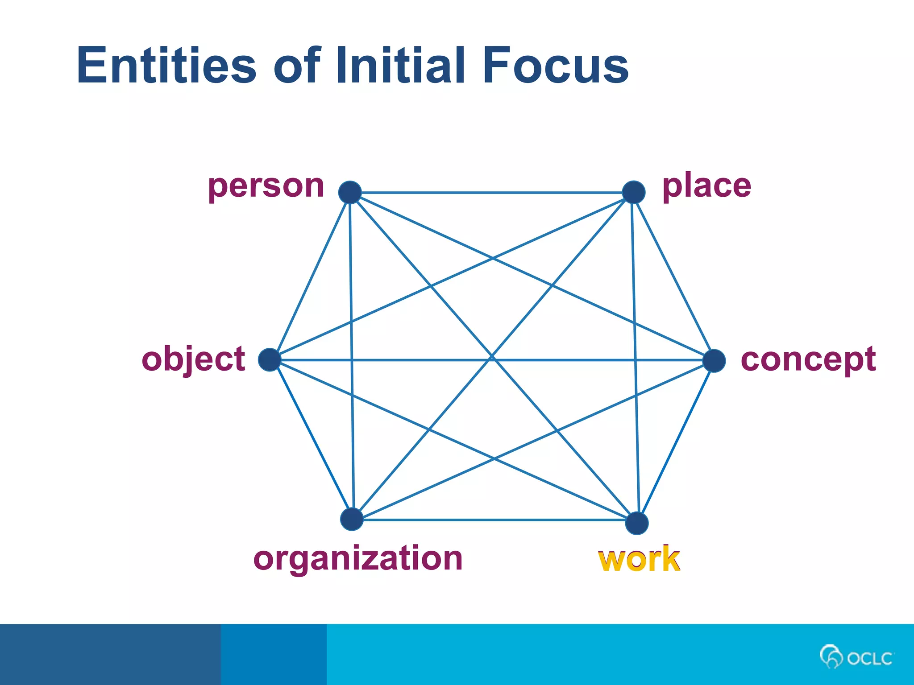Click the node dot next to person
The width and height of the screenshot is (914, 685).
[x=350, y=192]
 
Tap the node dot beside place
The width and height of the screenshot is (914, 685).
[x=633, y=192]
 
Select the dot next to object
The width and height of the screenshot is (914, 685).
[x=270, y=360]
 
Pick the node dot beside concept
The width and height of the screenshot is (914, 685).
[x=714, y=360]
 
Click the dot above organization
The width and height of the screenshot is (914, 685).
[x=352, y=519]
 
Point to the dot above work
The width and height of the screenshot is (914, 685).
[x=637, y=523]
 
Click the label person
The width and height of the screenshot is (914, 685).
[x=266, y=186]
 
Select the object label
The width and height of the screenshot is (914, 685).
[x=193, y=359]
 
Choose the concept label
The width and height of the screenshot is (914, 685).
[x=808, y=359]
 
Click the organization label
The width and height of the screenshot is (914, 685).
[x=358, y=558]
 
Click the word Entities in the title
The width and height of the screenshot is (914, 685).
[x=166, y=65]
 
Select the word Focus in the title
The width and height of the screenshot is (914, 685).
[x=555, y=65]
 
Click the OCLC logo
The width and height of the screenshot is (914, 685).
[x=856, y=657]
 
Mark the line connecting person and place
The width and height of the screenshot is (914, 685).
[x=491, y=193]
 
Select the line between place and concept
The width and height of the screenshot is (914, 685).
[x=673, y=276]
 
